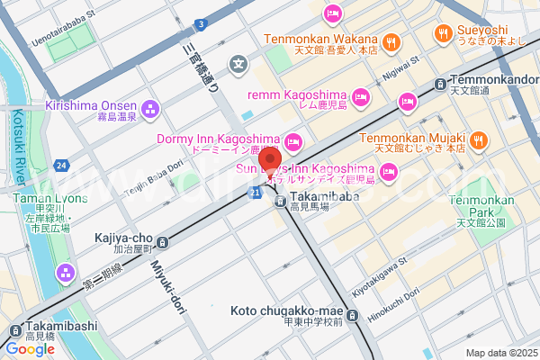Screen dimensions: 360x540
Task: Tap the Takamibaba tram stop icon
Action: [x=281, y=201]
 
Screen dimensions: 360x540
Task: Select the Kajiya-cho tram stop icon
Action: [x=162, y=241]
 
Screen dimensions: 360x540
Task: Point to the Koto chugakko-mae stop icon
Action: [x=352, y=316]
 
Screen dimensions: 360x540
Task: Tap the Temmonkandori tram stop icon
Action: [x=438, y=84]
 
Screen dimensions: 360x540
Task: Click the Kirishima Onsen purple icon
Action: [x=148, y=111]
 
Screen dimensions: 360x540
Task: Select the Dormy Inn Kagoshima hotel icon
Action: [x=292, y=142]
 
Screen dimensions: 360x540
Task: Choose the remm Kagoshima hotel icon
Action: [x=361, y=96]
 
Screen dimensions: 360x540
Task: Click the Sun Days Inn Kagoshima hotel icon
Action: [x=389, y=171]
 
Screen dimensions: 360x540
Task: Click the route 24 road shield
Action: [x=59, y=166]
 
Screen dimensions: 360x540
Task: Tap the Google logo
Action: [x=30, y=348]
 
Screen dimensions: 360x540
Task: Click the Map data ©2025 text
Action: [x=499, y=352]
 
